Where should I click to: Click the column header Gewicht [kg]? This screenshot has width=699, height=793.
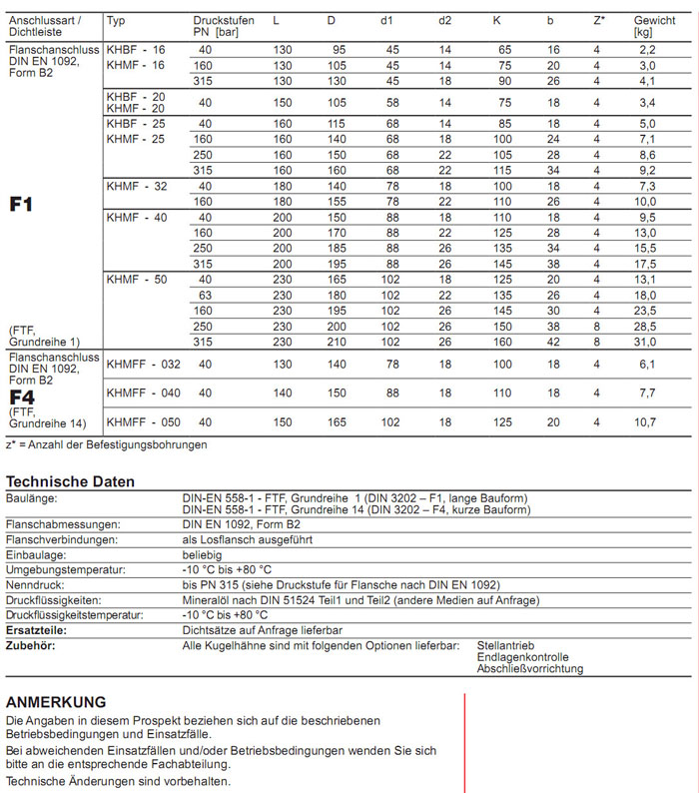[x=654, y=26]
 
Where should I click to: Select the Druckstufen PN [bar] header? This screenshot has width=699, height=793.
[x=223, y=26]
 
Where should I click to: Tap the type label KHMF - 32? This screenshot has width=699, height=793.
[x=138, y=187]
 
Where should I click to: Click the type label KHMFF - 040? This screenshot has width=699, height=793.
[x=144, y=394]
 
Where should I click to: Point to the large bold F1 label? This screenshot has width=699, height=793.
[x=21, y=204]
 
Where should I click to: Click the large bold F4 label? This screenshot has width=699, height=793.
[x=21, y=396]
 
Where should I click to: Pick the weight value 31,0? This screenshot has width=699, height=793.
[x=647, y=342]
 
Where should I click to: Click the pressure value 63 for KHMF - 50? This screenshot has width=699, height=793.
[x=206, y=295]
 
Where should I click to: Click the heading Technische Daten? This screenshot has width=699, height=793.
[x=70, y=481]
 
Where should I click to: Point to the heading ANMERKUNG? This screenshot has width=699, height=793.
[x=56, y=702]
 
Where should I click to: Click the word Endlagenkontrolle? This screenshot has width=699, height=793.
[x=523, y=657]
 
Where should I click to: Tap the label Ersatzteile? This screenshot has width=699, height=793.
[x=36, y=630]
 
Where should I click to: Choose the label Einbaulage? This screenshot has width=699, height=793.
[x=36, y=554]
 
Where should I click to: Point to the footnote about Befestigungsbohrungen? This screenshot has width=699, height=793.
[x=107, y=444]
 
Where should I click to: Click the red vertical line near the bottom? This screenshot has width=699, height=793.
[x=464, y=739]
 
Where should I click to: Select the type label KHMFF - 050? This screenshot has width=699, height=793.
[x=144, y=422]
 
